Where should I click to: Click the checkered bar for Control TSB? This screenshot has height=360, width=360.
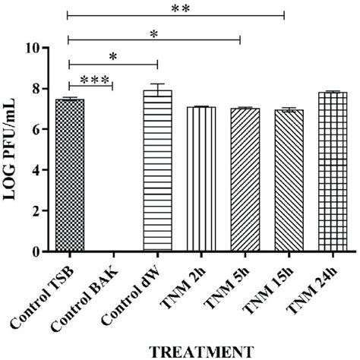(69, 175)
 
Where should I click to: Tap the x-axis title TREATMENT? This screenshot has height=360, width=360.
(200, 350)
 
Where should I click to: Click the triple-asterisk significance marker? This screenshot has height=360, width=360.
(90, 79)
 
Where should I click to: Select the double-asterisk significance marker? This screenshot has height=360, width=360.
(178, 7)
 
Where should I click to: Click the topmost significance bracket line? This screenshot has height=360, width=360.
(176, 14)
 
